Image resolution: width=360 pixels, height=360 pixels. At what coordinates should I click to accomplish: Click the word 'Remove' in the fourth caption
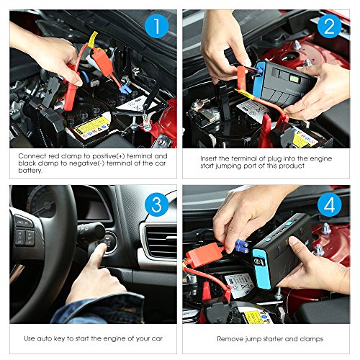(231, 338)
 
